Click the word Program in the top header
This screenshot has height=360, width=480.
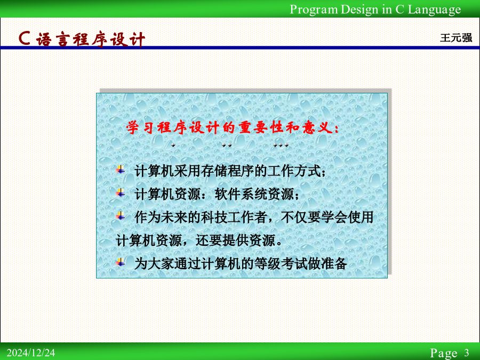(314, 10)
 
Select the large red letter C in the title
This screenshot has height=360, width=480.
(25, 38)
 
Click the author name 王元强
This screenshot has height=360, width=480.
(456, 38)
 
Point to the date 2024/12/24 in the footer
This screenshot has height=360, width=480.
(31, 353)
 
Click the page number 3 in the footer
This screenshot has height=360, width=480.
(466, 353)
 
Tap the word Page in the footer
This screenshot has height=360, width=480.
(444, 353)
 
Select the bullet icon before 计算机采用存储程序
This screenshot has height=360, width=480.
(121, 169)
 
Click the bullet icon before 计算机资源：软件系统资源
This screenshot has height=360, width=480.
(121, 193)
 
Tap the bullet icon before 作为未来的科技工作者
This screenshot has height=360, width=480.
(121, 216)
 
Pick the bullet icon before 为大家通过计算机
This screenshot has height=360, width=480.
(121, 262)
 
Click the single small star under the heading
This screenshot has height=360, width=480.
(173, 145)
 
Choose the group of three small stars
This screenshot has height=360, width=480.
(281, 145)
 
